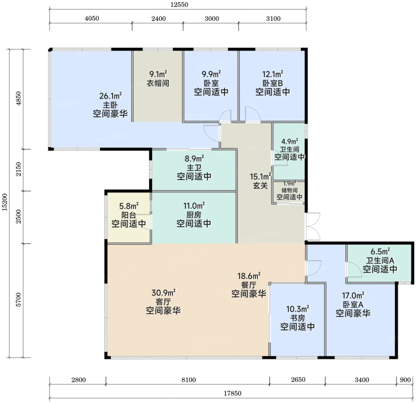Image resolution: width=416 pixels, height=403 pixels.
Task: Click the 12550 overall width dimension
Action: coord(179,5)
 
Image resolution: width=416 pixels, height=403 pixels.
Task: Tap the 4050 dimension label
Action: coord(92,18)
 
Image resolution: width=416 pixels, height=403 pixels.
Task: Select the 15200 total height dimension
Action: coord(5,202)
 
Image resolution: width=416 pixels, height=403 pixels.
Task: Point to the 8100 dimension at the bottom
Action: coord(189,380)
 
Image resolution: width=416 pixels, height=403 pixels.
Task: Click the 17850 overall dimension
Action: coord(232,394)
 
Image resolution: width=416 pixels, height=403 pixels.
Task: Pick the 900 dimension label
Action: coord(405,380)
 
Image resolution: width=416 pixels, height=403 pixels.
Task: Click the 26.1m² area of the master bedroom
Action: coord(111,96)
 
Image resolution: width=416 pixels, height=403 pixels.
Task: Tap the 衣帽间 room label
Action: coord(158,83)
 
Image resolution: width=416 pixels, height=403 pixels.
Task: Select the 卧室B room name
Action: coord(273,83)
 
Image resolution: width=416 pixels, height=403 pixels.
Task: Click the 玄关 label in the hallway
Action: coord(260,186)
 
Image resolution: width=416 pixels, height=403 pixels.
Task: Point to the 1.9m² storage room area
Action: coord(290,184)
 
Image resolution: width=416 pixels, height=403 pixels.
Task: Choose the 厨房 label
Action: coord(194,215)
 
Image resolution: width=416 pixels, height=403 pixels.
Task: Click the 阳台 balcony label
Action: coord(129,215)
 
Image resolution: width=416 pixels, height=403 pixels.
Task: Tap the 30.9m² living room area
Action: coord(163,293)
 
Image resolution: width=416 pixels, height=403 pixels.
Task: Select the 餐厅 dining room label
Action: coord(249,285)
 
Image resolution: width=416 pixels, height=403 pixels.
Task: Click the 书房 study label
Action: coord(297,318)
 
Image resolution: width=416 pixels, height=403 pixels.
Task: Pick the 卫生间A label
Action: coord(380,260)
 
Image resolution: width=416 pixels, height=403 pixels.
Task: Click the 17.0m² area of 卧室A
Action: coord(353,295)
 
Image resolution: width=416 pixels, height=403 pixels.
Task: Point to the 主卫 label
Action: coord(194,168)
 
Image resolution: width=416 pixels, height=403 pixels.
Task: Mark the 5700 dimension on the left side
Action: coord(19,300)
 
